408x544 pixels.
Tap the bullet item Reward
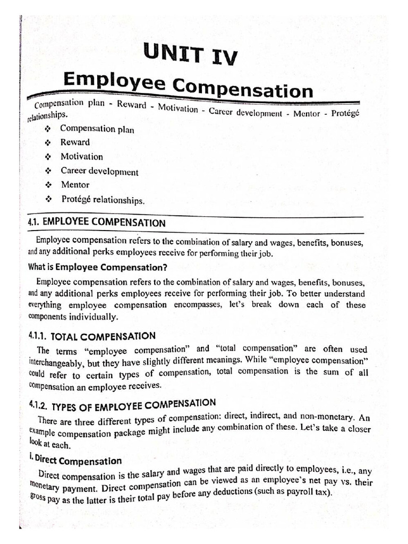click(x=75, y=142)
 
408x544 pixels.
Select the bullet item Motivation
click(x=81, y=157)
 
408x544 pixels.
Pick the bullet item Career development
click(x=99, y=172)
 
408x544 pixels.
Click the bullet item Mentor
click(x=74, y=185)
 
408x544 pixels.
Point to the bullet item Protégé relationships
click(x=102, y=200)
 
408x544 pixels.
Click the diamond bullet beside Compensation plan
click(x=48, y=129)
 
